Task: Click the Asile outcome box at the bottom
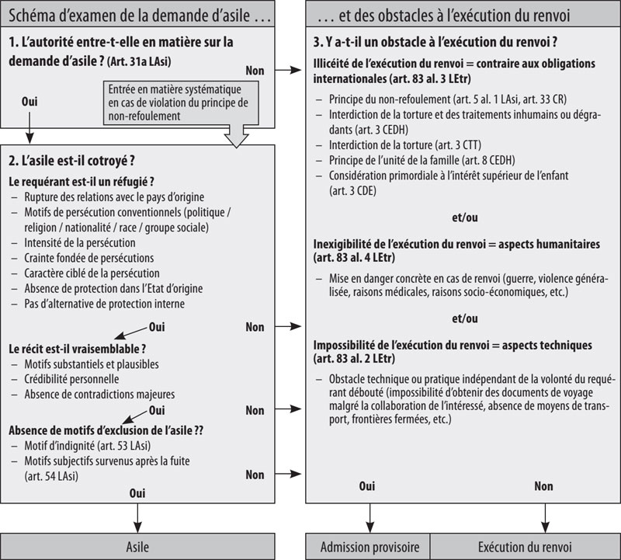tap(137, 547)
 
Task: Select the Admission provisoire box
tap(369, 547)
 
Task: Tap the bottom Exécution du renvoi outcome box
tap(526, 547)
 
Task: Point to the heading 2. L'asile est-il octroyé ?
tap(74, 162)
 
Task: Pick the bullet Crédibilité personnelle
tap(71, 378)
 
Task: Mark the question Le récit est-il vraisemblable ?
tap(78, 348)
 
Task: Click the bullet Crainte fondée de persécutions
tap(88, 258)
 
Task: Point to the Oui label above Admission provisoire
tap(367, 486)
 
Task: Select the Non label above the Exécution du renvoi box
tap(543, 486)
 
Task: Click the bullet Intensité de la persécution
tap(84, 242)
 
